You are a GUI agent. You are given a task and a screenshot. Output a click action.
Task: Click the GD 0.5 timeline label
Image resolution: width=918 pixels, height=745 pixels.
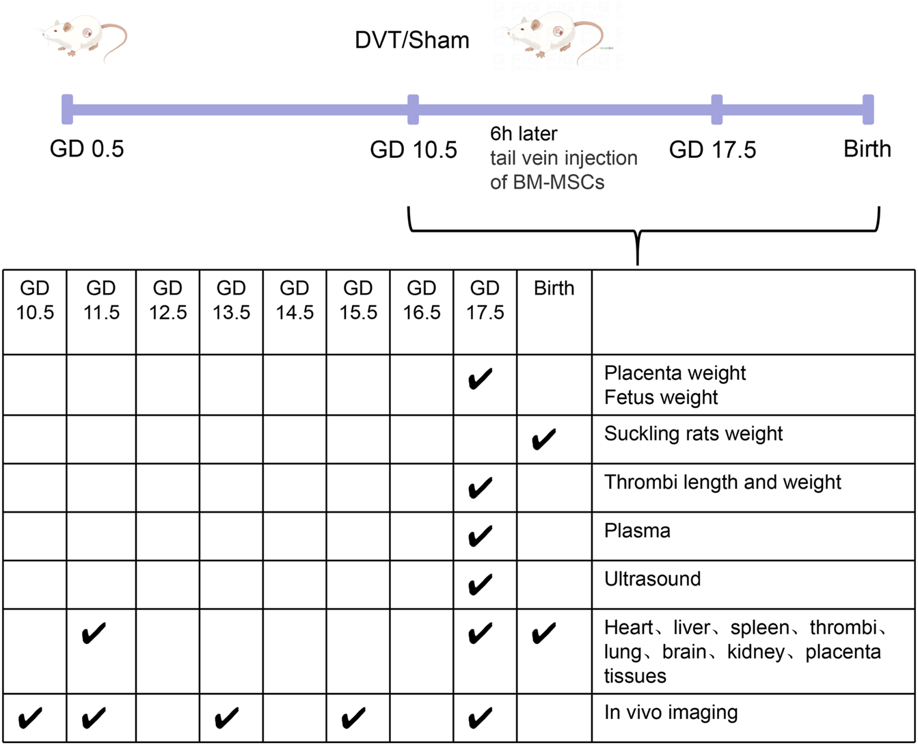87,149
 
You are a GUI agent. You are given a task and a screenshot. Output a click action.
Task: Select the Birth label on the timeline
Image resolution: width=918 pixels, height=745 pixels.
867,149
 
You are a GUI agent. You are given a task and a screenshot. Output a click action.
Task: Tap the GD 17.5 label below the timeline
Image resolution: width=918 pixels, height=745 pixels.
712,149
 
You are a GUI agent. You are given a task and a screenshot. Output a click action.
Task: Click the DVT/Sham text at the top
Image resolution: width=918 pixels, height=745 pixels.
411,40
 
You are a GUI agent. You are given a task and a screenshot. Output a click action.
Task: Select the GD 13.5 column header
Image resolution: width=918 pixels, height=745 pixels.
231,301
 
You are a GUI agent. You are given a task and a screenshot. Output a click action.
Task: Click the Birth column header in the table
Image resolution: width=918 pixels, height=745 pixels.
554,288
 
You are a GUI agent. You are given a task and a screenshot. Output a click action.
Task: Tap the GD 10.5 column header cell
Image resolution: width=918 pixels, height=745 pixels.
34,301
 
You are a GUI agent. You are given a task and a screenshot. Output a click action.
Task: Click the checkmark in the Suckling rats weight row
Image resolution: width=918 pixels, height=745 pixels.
543,438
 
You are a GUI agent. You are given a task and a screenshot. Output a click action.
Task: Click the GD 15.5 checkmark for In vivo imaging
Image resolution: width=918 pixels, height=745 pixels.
353,718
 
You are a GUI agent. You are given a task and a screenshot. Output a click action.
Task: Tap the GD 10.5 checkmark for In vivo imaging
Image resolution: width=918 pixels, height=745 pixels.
29,718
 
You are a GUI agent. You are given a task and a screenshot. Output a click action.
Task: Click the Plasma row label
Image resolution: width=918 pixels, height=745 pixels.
637,531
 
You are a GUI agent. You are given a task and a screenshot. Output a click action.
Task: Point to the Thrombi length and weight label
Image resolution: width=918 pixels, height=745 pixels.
723,482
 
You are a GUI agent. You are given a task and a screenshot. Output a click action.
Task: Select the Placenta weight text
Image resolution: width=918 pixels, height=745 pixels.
675,373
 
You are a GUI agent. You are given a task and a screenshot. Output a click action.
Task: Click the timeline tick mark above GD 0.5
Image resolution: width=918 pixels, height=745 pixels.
66,109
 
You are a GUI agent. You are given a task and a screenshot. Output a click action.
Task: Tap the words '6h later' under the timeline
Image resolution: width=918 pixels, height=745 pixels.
523,133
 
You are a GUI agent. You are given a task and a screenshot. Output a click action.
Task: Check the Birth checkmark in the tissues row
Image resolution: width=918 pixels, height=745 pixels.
543,634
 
